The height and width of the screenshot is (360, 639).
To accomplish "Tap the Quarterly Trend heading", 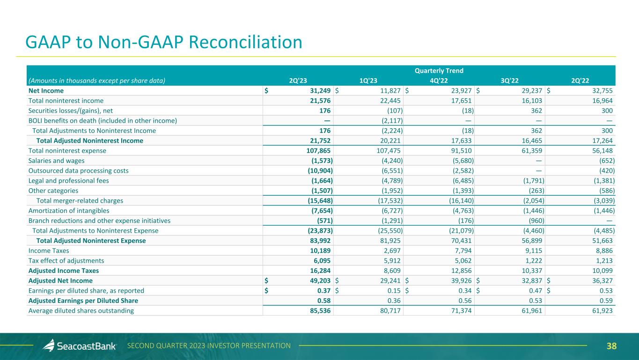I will point(439,71).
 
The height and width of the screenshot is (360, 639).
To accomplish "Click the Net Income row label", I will point(46,90).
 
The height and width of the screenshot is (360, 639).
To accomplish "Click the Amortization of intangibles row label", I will point(69,211).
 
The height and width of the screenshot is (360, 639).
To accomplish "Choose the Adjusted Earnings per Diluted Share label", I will point(83,301).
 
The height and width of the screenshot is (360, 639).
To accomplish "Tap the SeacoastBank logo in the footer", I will point(80,346).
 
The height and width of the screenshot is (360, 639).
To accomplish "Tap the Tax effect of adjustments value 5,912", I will point(391,261).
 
